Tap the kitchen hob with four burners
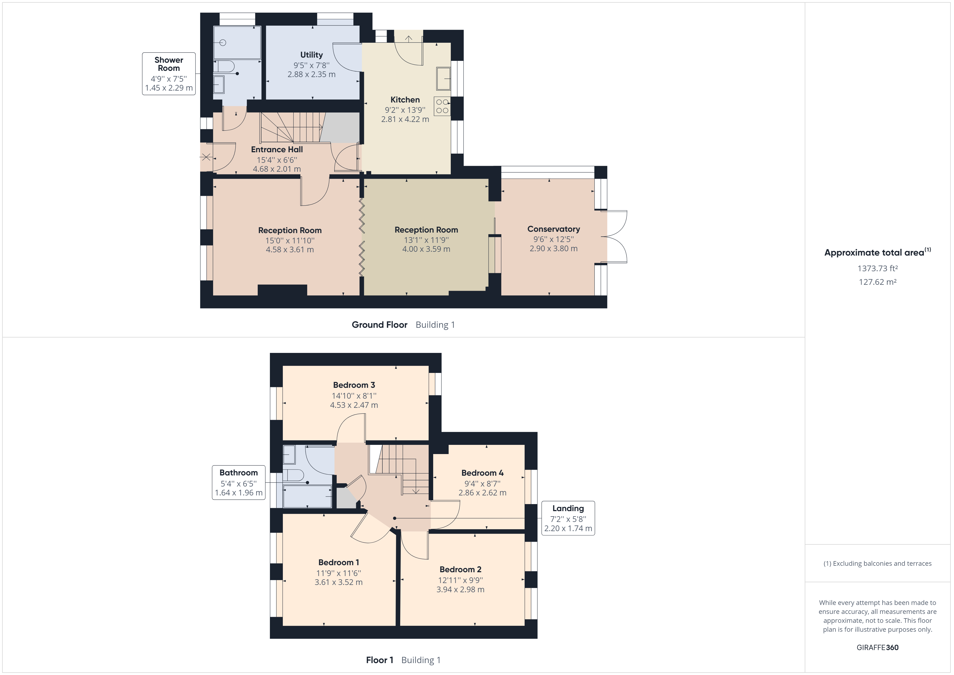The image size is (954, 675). (x=442, y=106)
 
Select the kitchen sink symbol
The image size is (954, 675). (x=443, y=78)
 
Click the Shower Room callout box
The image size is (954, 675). (x=169, y=74)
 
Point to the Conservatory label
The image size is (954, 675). (x=554, y=229)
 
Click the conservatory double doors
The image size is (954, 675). (x=615, y=237)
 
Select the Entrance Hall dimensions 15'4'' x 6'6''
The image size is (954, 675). (x=277, y=160)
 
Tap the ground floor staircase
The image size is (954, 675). (x=291, y=127)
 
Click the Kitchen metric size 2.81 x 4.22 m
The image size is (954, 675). (x=405, y=119)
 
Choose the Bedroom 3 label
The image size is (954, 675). (x=354, y=385)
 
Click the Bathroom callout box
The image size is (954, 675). (x=239, y=482)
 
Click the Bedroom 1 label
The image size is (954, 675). (x=339, y=562)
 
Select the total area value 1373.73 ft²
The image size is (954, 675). (x=877, y=269)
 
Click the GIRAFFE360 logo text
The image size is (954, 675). (x=877, y=647)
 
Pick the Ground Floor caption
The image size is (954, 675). (x=379, y=325)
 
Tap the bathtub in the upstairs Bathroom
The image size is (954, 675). (x=307, y=496)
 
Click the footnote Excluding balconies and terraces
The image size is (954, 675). (x=877, y=564)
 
